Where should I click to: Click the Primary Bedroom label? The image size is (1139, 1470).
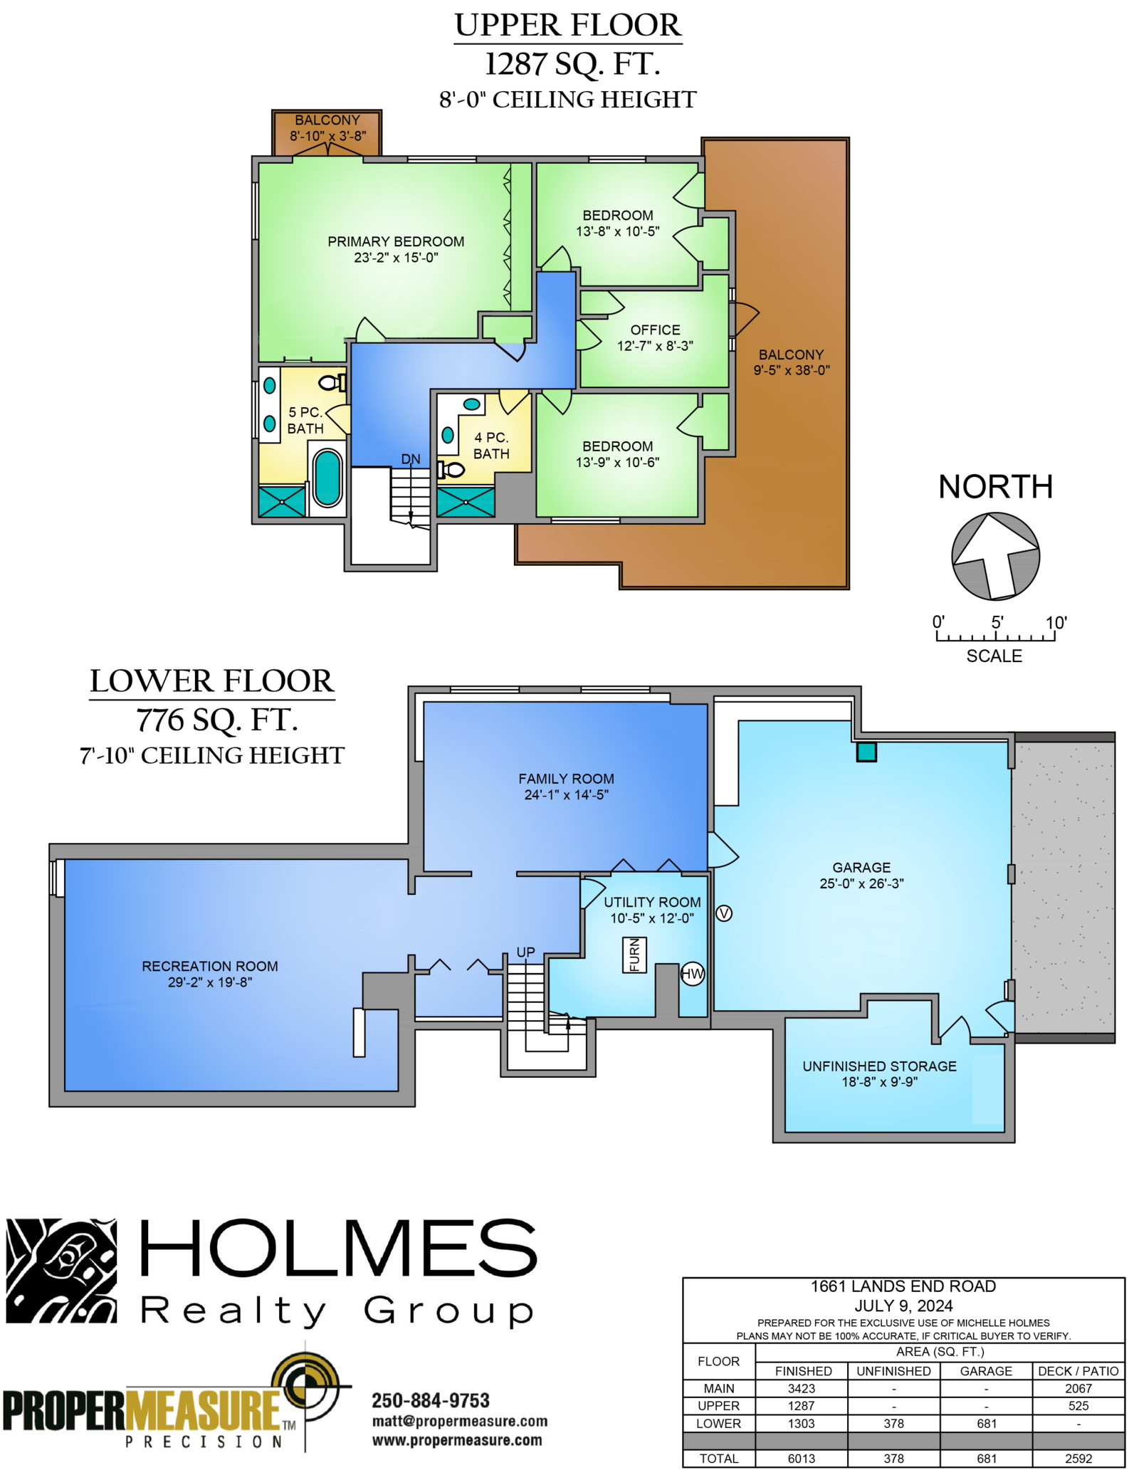[396, 241]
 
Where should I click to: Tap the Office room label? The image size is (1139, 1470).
[655, 330]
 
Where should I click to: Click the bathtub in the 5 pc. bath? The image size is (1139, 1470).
[327, 478]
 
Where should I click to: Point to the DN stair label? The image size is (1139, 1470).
[411, 459]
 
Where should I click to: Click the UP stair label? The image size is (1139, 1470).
[525, 952]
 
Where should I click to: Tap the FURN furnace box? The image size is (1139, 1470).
[634, 955]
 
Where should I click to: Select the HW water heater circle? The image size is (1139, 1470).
[693, 974]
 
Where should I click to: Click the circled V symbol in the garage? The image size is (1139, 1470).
[723, 913]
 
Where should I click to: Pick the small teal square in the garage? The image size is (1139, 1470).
[866, 752]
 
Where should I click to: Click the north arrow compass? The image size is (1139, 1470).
[995, 556]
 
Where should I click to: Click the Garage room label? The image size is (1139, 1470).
[861, 867]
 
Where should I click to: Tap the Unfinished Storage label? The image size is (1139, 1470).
[879, 1066]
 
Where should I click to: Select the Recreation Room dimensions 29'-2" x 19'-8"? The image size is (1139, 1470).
[210, 982]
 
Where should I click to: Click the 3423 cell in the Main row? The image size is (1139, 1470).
[802, 1388]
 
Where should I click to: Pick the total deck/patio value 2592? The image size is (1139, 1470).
[1078, 1459]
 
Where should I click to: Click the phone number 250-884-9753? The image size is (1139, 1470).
[431, 1400]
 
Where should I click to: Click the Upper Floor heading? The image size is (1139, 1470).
[568, 26]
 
